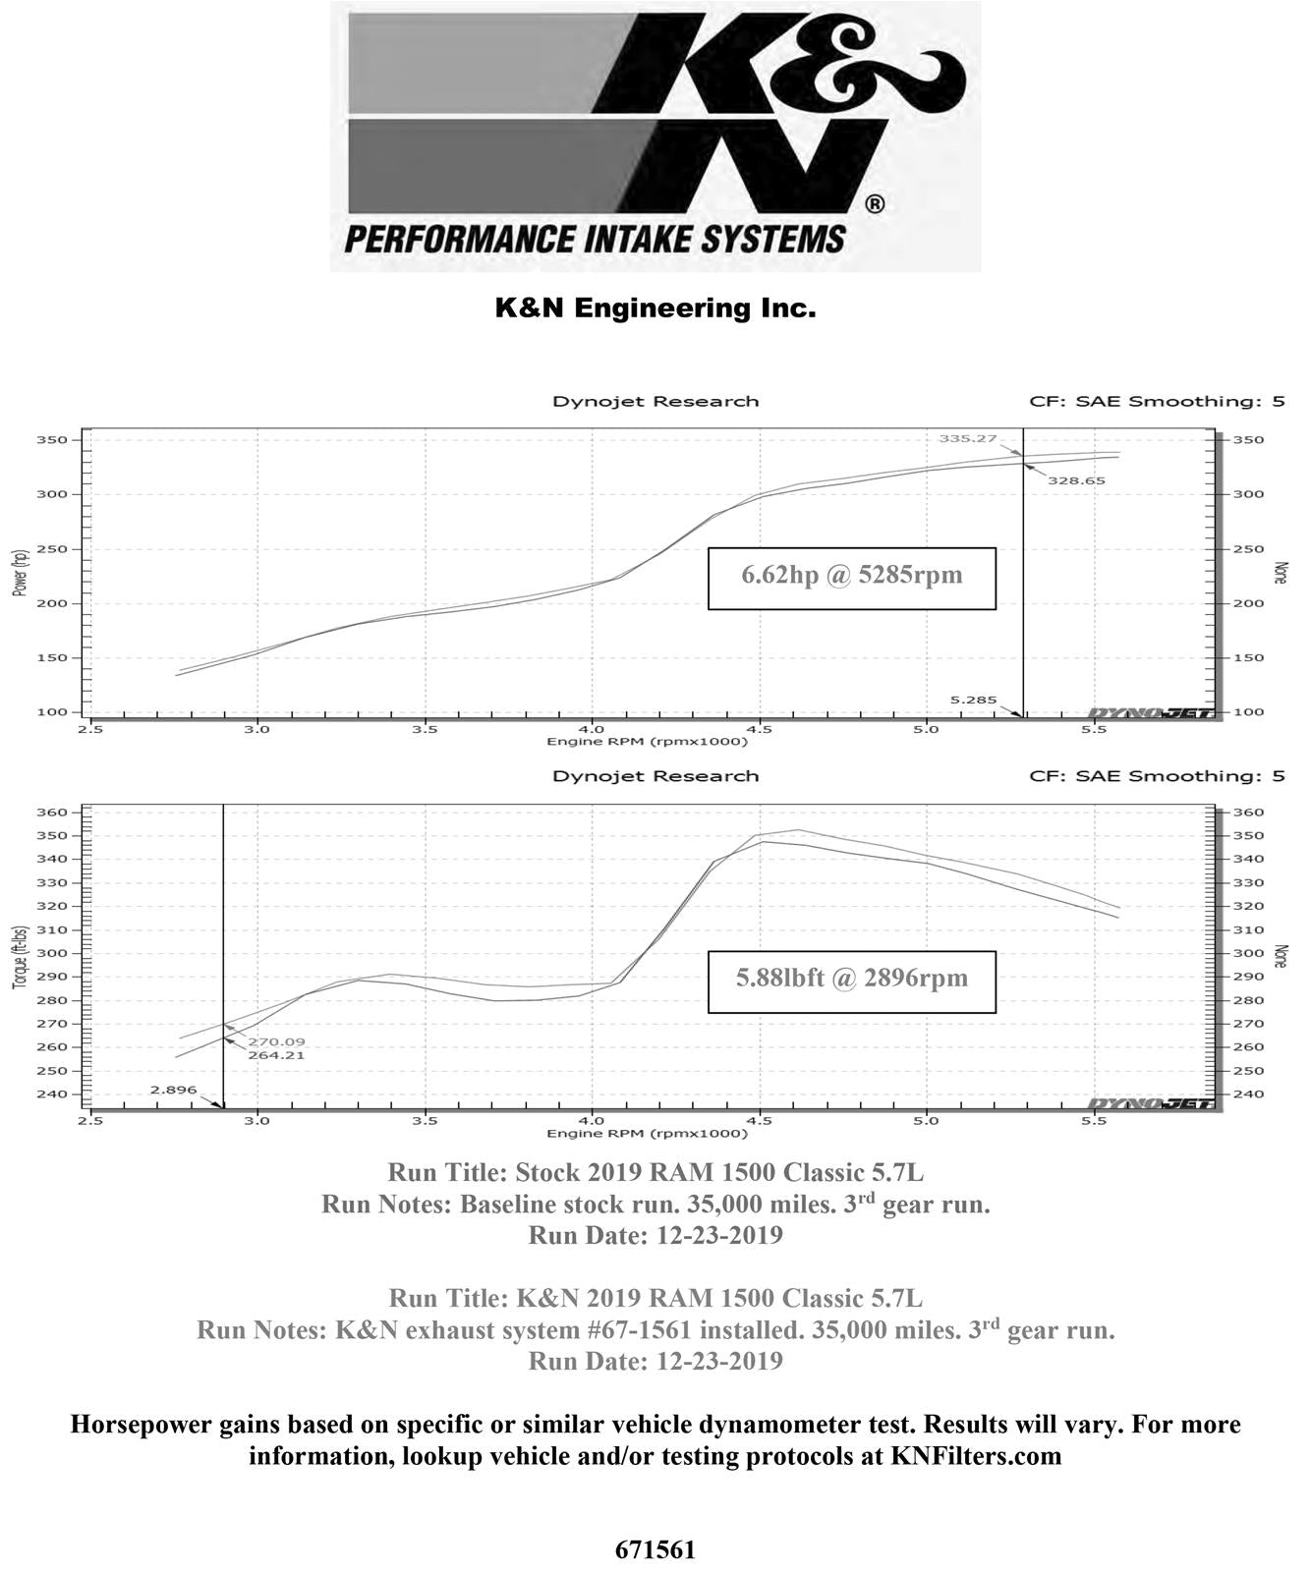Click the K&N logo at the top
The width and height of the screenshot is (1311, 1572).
[x=655, y=136]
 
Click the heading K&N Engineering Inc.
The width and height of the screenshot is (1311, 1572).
[x=655, y=309]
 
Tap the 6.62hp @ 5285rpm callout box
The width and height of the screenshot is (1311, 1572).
[x=851, y=578]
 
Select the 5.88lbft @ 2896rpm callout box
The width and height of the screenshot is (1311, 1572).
[x=851, y=981]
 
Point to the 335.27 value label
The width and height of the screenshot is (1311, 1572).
[x=967, y=438]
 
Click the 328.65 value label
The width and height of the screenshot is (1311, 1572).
[x=1076, y=481]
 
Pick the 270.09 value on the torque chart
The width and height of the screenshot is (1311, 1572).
[x=276, y=1041]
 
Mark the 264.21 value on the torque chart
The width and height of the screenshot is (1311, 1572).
[x=276, y=1055]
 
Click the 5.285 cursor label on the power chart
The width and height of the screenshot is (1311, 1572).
[x=973, y=701]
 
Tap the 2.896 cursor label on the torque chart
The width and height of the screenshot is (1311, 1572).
[x=173, y=1090]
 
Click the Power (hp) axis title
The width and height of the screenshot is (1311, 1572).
[x=20, y=572]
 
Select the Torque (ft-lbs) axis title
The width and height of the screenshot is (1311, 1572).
[x=20, y=956]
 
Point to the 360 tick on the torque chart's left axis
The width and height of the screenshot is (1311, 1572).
[x=55, y=813]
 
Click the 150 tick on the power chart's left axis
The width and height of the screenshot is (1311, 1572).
[x=55, y=658]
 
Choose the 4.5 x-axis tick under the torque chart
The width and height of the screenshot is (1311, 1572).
[x=759, y=1120]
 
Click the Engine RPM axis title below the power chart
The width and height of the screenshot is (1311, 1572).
[x=647, y=742]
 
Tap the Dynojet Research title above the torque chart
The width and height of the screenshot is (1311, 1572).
[x=655, y=776]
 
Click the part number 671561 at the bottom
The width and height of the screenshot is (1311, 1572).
[x=655, y=1549]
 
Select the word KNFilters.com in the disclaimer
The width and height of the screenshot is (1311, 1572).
[x=976, y=1456]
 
